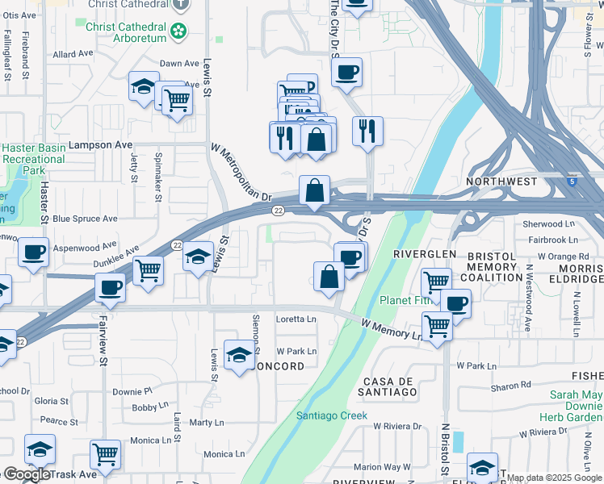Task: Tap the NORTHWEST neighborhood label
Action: pyautogui.click(x=501, y=182)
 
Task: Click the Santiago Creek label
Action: pyautogui.click(x=332, y=416)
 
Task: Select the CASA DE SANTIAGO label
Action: pyautogui.click(x=389, y=386)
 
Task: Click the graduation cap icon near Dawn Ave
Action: pyautogui.click(x=143, y=86)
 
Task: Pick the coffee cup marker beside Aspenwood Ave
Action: pyautogui.click(x=34, y=252)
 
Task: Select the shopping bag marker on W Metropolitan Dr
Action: pyautogui.click(x=315, y=191)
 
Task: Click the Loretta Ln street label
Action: pyautogui.click(x=296, y=319)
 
